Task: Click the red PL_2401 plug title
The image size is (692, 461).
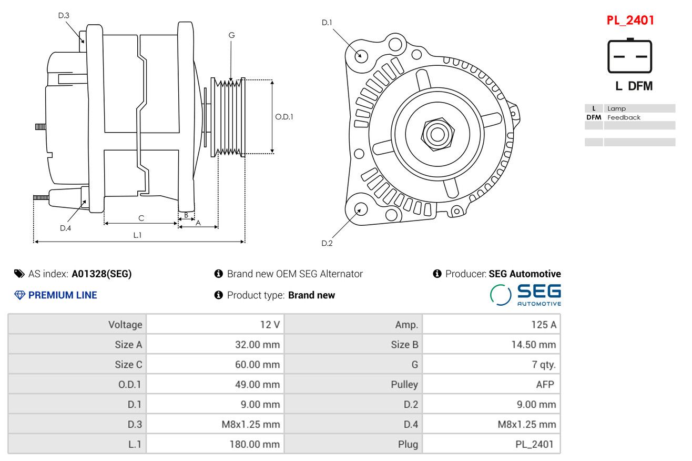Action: (630, 21)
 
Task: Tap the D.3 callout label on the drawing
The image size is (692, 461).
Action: (64, 16)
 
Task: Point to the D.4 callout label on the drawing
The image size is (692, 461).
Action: (65, 228)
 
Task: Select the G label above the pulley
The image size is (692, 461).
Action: (231, 35)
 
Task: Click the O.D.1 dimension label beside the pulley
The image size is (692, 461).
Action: (284, 117)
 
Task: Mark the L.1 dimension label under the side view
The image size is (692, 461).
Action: (137, 235)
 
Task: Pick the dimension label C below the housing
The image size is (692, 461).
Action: (141, 218)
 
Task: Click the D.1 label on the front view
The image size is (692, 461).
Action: (327, 23)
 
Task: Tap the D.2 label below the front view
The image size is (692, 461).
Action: (327, 243)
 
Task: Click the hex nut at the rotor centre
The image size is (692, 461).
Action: (437, 134)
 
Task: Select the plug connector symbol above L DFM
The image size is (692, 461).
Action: (630, 56)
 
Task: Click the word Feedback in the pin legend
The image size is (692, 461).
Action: (624, 117)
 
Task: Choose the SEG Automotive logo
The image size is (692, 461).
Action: (526, 295)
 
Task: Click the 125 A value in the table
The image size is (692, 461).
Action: (543, 325)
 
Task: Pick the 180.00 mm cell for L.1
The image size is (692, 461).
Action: (255, 444)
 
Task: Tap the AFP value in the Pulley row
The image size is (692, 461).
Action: (545, 385)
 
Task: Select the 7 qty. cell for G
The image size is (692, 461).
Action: (543, 365)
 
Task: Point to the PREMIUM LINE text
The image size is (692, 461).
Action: (62, 295)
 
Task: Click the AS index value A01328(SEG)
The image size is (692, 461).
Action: (101, 274)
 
